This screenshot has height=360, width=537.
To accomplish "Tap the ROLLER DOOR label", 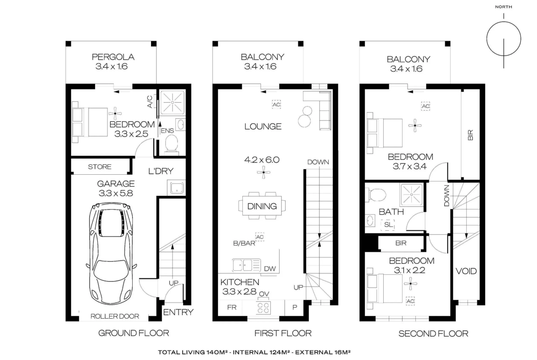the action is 115,316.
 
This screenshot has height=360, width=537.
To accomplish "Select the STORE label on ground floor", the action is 100,166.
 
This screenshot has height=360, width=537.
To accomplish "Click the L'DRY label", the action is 161,171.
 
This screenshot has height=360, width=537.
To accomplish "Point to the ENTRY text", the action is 178,312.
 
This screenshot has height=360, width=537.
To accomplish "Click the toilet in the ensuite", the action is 171,144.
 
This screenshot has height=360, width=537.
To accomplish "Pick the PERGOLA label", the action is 113,57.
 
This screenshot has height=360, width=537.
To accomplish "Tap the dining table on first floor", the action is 262,205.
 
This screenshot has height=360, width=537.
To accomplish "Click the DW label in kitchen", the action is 270,269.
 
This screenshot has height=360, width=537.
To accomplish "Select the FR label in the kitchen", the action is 232,307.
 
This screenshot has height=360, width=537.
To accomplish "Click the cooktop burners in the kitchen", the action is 263,308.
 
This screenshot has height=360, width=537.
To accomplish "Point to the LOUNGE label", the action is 263,126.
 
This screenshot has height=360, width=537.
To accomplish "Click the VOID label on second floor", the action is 466,271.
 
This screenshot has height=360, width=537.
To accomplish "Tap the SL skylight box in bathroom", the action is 388,225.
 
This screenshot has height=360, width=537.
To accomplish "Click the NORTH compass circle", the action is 504,39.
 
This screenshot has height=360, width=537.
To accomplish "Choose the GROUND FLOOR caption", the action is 134,333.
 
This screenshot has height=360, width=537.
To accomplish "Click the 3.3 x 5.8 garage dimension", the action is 116,194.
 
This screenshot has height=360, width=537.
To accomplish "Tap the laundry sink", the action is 177,188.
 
